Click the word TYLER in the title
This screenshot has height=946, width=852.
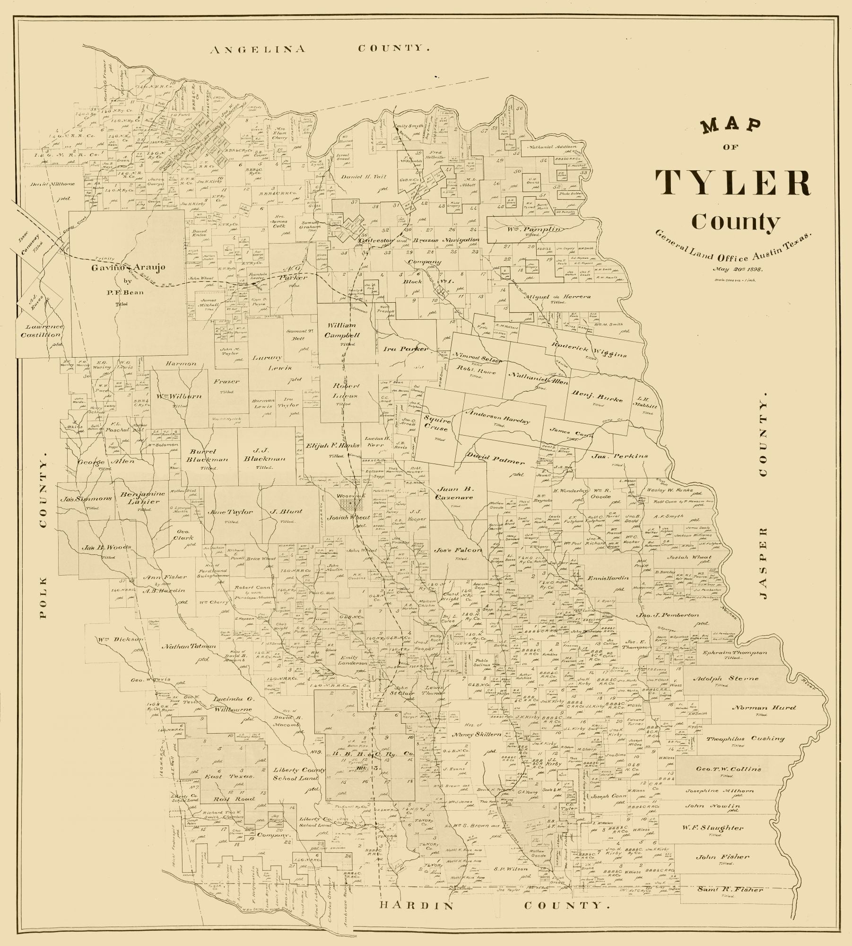tap(732, 183)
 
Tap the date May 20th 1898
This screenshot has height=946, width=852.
tap(738, 269)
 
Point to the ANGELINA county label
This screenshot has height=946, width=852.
tap(258, 49)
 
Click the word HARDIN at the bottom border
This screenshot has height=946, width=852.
tap(417, 905)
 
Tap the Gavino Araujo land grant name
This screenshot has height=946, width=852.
tap(129, 267)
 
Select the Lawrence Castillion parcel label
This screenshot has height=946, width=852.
tap(41, 331)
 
